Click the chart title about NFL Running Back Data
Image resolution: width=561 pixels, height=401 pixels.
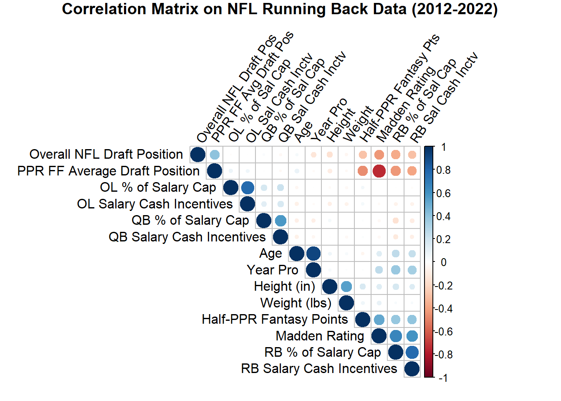(280, 9)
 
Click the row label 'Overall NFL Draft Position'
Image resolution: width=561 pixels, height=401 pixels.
(106, 155)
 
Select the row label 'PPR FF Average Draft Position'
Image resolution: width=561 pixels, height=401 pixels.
(109, 171)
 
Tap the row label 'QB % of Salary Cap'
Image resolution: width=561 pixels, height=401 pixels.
(190, 221)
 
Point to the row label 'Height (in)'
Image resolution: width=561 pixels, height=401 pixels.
(284, 287)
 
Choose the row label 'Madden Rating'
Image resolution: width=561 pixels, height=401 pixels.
(320, 336)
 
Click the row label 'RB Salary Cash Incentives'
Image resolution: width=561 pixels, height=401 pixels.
(319, 369)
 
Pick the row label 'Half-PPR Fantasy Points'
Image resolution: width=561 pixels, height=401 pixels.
(275, 320)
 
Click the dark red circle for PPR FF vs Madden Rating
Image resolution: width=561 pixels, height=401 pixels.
(379, 171)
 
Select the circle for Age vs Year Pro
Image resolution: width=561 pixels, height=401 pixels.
(313, 254)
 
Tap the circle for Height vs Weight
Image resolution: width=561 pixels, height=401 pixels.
(346, 287)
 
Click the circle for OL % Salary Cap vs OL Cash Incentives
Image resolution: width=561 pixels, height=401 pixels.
(247, 188)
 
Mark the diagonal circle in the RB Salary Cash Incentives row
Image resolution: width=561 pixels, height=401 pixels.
(412, 369)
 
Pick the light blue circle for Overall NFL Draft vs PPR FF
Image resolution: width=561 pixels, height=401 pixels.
(214, 155)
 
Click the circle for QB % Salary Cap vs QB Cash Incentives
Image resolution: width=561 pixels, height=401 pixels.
(280, 221)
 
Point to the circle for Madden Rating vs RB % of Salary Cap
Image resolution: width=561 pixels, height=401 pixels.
(395, 336)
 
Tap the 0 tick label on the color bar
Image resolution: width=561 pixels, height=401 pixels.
(443, 262)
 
